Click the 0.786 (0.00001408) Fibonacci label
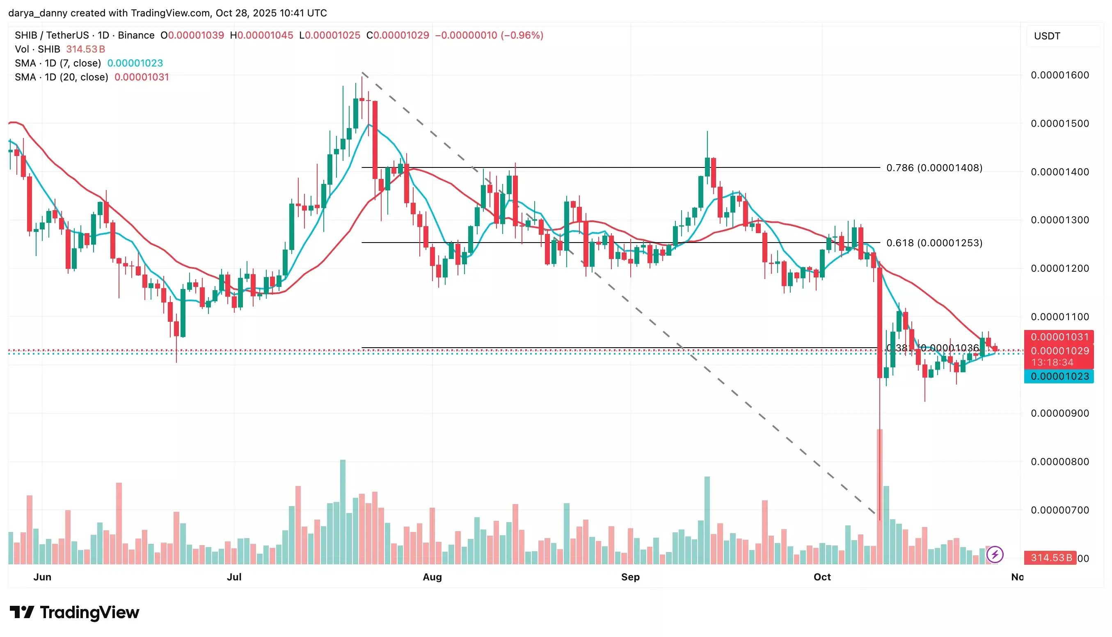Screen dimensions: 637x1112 point(934,168)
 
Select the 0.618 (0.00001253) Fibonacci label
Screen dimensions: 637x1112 point(934,243)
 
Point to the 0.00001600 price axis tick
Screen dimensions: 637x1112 point(1059,75)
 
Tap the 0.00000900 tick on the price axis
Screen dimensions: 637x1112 point(1059,413)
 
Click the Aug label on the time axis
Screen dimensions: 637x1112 point(432,577)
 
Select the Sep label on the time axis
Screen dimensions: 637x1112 point(630,577)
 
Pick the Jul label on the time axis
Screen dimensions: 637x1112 point(234,577)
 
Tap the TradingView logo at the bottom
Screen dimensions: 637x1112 point(74,612)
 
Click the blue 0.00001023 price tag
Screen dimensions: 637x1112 point(1059,377)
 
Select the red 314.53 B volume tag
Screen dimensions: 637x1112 point(1051,558)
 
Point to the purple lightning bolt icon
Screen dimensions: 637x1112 point(995,555)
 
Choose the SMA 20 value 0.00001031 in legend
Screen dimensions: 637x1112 point(142,77)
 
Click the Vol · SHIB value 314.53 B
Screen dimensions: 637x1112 point(86,49)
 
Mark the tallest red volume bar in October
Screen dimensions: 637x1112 point(879,497)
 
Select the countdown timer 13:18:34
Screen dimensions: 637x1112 point(1052,362)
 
